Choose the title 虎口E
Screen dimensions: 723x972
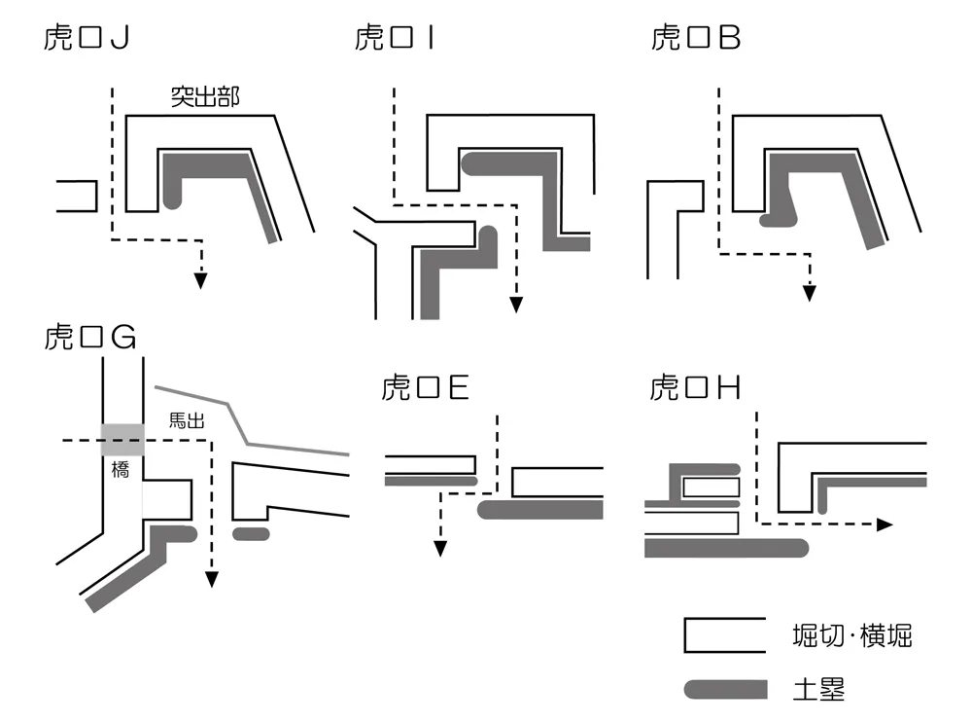[x=426, y=388]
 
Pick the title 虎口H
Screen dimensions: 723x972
[x=696, y=388]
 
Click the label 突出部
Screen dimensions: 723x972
[x=205, y=98]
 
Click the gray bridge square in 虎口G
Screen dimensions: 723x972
[x=123, y=440]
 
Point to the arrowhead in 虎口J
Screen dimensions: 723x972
[x=200, y=280]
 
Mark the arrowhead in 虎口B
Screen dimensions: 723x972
[x=809, y=293]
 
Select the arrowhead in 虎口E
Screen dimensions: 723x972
[x=439, y=549]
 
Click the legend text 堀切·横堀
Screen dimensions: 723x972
[x=851, y=637]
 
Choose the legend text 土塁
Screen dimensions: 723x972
[x=818, y=690]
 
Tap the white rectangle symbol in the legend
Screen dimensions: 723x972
[x=724, y=635]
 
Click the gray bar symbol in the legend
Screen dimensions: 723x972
[x=724, y=689]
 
